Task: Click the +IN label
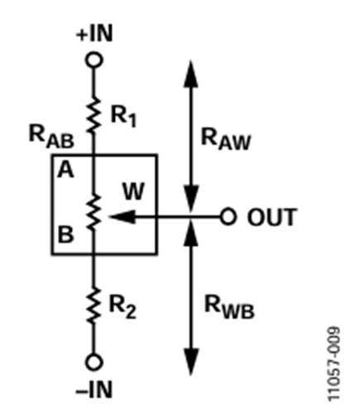click(95, 36)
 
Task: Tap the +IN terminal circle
click(95, 61)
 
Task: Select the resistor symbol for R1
click(95, 113)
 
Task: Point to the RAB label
click(48, 137)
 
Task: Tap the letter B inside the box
click(65, 234)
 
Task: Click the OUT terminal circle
click(228, 218)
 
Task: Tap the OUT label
click(270, 219)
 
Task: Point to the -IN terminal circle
click(95, 361)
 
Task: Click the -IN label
click(95, 387)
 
